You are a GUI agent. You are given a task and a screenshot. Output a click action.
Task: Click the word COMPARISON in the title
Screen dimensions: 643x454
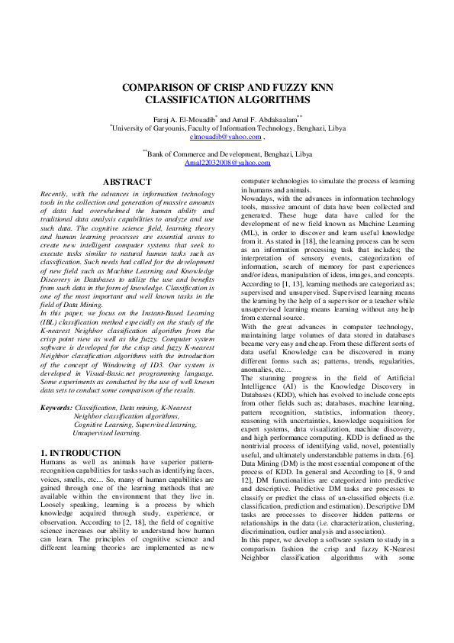[x=158, y=88]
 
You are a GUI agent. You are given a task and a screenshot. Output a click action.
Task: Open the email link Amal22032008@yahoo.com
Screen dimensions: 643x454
[x=227, y=163]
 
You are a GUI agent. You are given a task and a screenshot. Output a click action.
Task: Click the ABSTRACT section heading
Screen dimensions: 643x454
[x=127, y=182]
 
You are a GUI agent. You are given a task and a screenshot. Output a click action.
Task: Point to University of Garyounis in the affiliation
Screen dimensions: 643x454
[x=148, y=128]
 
